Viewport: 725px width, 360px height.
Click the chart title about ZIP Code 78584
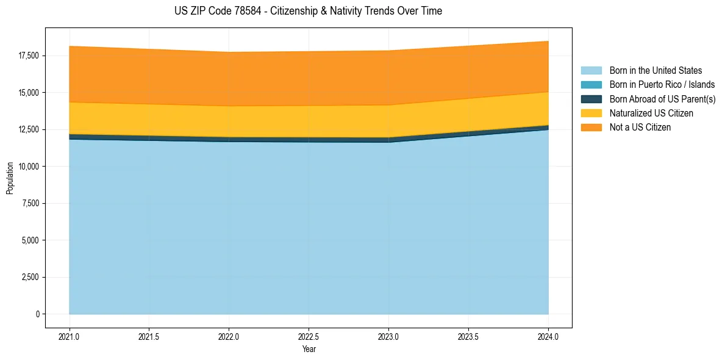coord(308,11)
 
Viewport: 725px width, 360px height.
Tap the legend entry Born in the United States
coord(655,71)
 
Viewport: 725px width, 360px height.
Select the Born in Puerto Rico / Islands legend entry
coord(662,85)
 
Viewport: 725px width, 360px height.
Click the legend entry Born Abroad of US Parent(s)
coord(662,99)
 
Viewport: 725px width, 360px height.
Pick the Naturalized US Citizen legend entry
coord(651,113)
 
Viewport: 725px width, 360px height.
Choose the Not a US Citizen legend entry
coord(640,128)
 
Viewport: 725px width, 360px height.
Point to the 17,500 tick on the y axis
coord(28,56)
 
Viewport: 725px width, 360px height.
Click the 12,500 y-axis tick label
coord(28,129)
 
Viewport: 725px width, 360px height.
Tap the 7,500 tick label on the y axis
coord(30,203)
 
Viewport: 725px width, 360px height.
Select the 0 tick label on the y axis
coord(37,314)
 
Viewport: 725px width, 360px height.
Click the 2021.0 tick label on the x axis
coord(70,336)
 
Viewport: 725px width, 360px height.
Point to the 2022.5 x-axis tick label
coord(309,336)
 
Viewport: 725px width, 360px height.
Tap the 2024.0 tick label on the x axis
coord(548,336)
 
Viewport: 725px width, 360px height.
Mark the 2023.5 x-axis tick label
coord(468,336)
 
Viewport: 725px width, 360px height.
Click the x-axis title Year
coord(309,349)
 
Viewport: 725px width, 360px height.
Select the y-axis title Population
coord(10,178)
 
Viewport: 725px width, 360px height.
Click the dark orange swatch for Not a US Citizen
coord(591,128)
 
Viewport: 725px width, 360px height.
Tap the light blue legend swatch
coord(591,71)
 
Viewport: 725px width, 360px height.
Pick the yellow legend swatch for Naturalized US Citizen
coord(591,113)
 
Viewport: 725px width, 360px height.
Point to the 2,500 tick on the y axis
coord(30,277)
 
